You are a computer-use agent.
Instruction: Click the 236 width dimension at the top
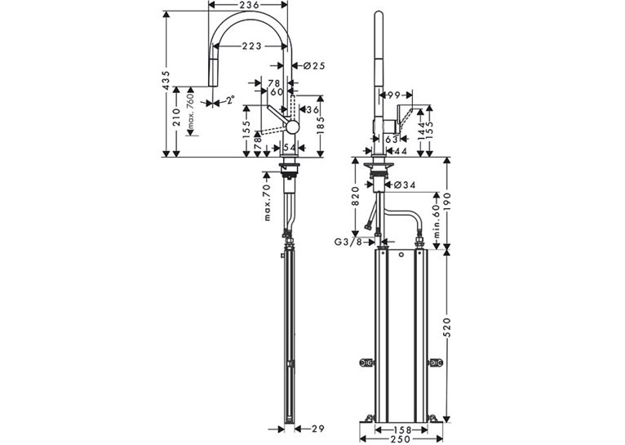click(248, 5)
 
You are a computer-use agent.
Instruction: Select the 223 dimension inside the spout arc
click(251, 47)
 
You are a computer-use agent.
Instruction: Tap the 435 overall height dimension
click(166, 80)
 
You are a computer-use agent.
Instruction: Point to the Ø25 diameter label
click(314, 66)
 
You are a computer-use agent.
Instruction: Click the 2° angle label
click(229, 100)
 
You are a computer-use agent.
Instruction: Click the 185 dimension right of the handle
click(321, 126)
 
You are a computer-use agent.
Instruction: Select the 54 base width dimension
click(290, 148)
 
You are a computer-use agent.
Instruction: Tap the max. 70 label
click(267, 202)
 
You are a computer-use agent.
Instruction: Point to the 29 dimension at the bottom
click(318, 429)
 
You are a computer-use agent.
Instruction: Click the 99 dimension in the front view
click(393, 96)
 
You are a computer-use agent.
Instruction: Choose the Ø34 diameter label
click(404, 185)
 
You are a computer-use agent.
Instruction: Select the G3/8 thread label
click(348, 242)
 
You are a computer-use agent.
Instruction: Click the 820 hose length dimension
click(356, 196)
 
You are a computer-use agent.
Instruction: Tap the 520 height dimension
click(447, 328)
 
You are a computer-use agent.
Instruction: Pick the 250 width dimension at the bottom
click(401, 439)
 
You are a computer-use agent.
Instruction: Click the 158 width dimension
click(401, 429)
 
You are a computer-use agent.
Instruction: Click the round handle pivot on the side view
click(292, 127)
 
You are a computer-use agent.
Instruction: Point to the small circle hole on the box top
click(401, 255)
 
